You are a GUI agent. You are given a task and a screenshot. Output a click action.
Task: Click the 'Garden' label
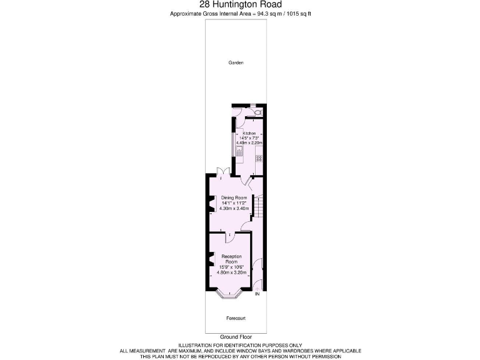tap(236, 62)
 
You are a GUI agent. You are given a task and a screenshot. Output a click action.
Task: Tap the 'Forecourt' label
tap(236, 318)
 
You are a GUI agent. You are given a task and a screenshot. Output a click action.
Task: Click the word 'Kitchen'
tap(249, 134)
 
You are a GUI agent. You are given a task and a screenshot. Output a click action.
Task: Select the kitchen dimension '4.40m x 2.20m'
tap(249, 143)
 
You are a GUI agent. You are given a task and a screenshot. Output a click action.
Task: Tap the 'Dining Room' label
tap(235, 197)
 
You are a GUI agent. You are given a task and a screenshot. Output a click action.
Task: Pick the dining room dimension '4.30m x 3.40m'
tap(235, 208)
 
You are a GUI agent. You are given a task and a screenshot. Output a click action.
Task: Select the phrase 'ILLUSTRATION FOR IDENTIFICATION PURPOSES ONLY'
tap(239, 345)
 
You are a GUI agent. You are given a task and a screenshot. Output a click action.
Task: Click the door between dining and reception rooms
tap(229, 235)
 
